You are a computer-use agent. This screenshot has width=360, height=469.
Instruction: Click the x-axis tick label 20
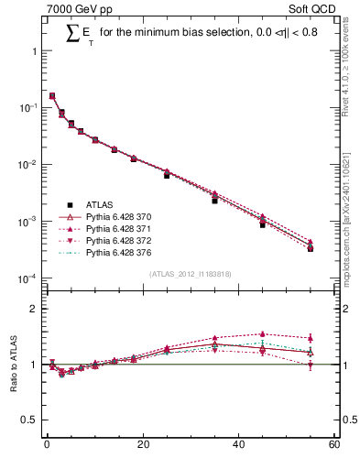pyautogui.click(x=142, y=446)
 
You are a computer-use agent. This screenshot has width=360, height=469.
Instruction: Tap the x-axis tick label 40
pyautogui.click(x=238, y=446)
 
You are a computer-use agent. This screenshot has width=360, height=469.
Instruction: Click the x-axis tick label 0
pyautogui.click(x=47, y=446)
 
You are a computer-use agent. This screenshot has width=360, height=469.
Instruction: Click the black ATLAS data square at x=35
pyautogui.click(x=214, y=200)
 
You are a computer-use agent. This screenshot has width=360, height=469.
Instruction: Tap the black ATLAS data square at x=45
pyautogui.click(x=262, y=224)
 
